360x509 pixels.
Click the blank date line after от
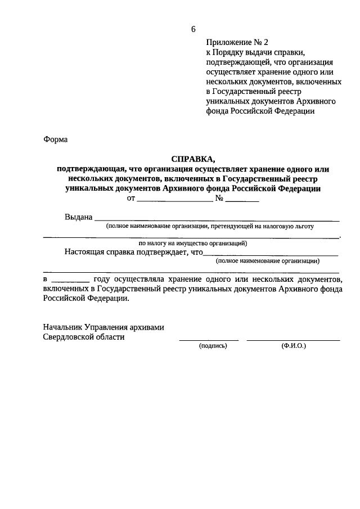click(174, 200)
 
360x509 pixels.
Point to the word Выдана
click(78, 217)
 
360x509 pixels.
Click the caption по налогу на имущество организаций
click(192, 244)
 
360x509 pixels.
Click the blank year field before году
click(70, 280)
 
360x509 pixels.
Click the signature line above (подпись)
click(209, 340)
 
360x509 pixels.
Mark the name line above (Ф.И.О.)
click(293, 340)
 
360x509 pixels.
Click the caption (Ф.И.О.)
click(294, 346)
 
